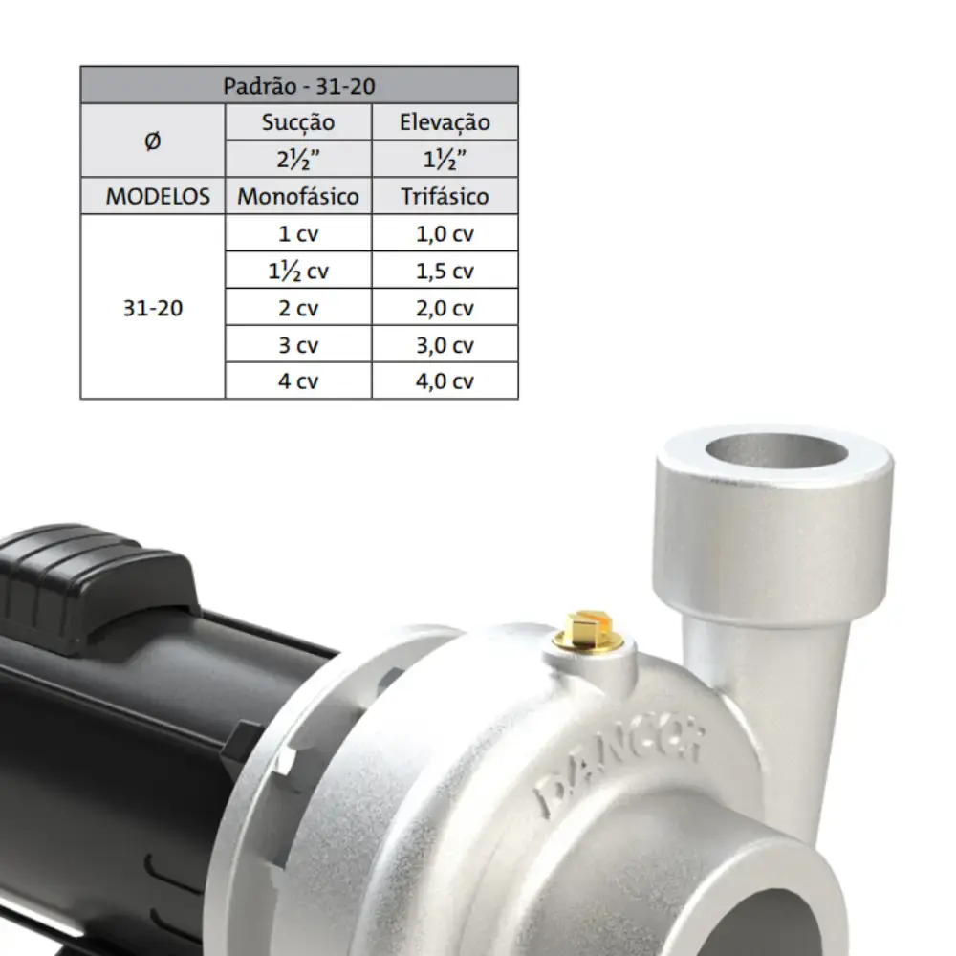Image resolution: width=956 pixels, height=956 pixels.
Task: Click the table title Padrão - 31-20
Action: coord(298,86)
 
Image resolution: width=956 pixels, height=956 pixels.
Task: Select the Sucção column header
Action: coord(298,122)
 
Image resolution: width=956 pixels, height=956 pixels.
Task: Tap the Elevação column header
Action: coord(445,122)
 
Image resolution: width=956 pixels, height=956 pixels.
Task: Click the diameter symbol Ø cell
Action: coord(152,141)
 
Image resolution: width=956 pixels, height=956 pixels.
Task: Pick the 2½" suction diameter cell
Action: coord(298,159)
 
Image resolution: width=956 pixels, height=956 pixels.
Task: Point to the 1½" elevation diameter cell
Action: coord(445,159)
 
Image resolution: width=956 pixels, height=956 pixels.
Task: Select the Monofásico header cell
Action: coord(298,196)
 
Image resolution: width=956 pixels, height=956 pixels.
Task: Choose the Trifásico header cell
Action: coord(445,196)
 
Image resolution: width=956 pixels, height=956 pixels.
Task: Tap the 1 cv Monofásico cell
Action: coord(298,233)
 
